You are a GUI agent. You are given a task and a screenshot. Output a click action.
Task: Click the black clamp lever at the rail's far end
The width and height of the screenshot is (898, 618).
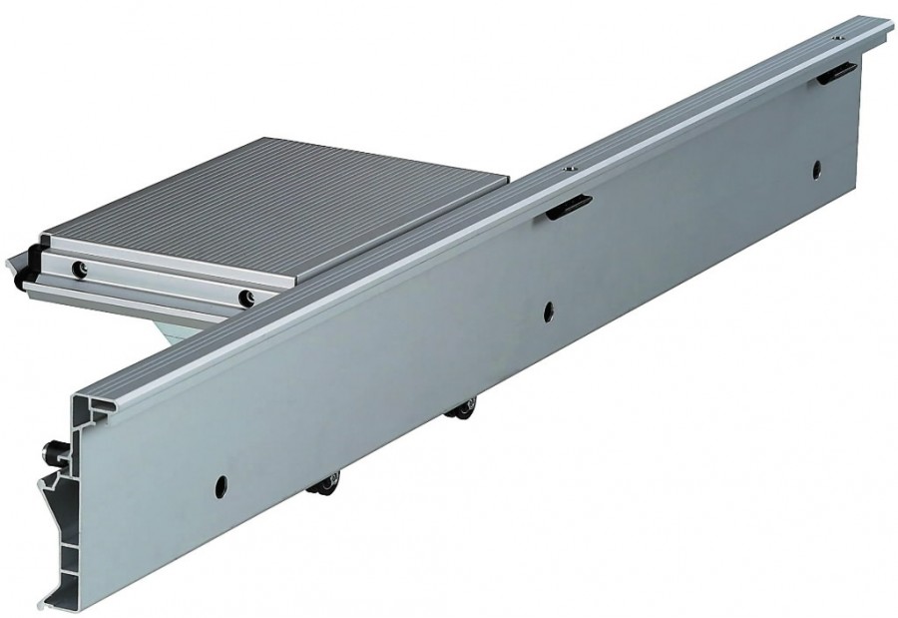point(836,72)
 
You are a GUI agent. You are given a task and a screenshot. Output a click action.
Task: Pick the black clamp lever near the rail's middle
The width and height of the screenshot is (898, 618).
point(569,205)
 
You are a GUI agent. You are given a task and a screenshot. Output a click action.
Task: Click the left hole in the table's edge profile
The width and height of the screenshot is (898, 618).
point(77,268)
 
